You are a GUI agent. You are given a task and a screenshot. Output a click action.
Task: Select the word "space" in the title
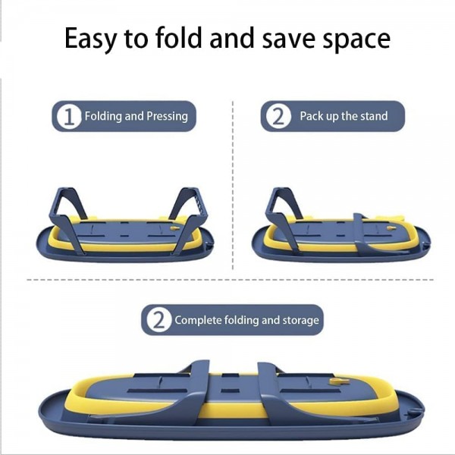click(x=356, y=40)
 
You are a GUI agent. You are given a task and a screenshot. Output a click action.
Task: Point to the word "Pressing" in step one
click(x=167, y=116)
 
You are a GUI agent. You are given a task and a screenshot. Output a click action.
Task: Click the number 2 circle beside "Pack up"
click(x=278, y=116)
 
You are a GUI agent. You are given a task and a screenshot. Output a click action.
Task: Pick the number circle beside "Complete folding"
click(x=158, y=320)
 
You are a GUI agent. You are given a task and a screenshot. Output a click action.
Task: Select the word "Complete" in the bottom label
click(x=198, y=320)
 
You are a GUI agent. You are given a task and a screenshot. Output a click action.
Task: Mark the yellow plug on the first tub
click(x=174, y=228)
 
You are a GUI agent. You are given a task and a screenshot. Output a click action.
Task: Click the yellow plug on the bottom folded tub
click(x=339, y=381)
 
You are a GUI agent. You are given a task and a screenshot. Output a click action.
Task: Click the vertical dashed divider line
click(x=233, y=185)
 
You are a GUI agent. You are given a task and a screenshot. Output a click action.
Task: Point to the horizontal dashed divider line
click(x=230, y=280)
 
